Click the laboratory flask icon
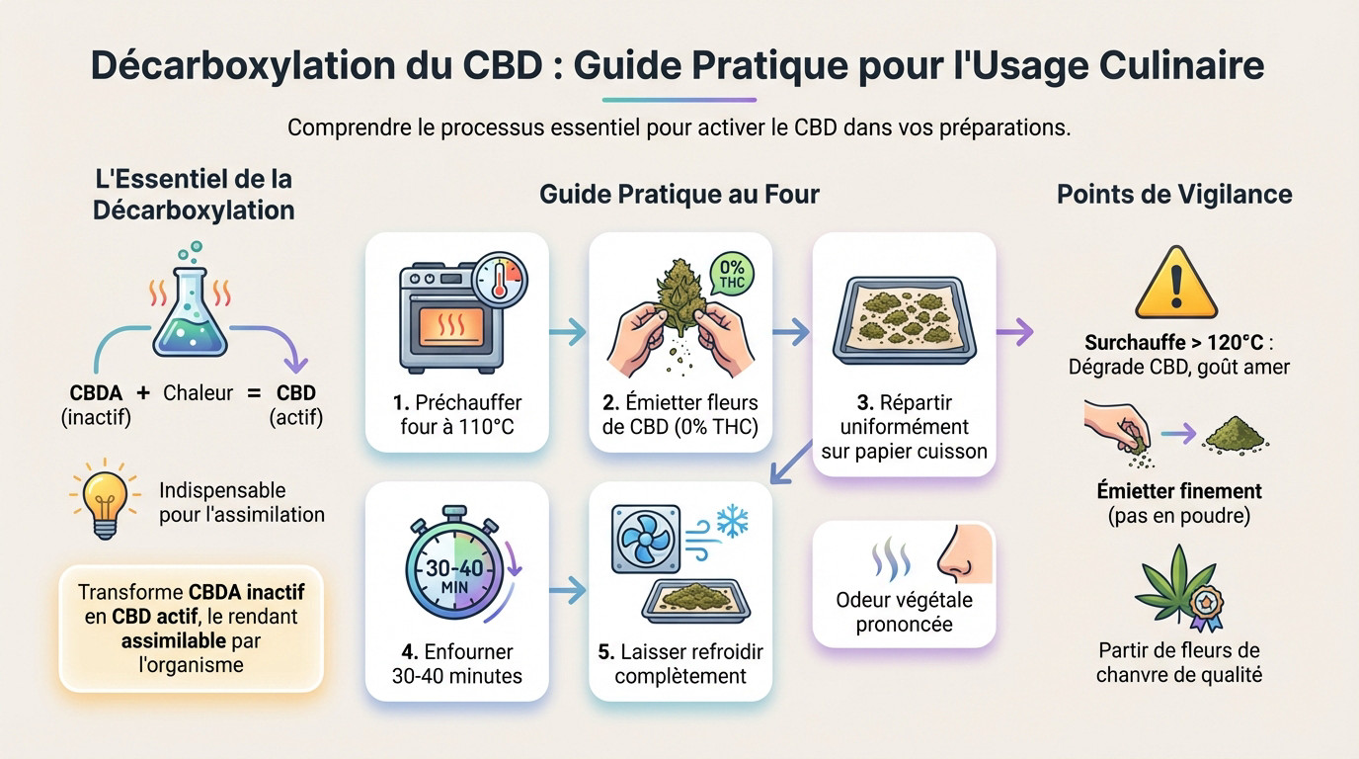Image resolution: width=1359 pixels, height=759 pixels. point(191,315)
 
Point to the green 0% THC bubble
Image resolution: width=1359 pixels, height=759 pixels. point(732,272)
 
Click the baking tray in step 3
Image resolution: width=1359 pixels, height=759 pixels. point(904,318)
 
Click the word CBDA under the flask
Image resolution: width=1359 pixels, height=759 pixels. point(96,392)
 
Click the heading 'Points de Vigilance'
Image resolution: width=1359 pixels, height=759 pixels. point(1174,194)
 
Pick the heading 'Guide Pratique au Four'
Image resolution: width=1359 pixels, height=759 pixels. point(679,194)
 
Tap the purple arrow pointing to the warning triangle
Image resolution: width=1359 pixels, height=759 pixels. point(1014,333)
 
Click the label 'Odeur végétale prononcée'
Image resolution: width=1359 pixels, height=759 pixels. point(904,612)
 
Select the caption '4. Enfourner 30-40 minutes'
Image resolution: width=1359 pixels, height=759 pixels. point(456,664)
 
